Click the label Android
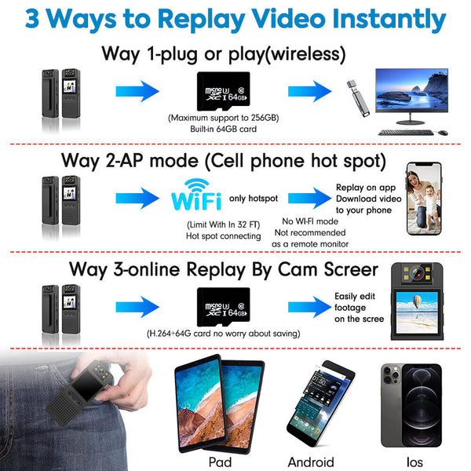pyautogui.click(x=311, y=462)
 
